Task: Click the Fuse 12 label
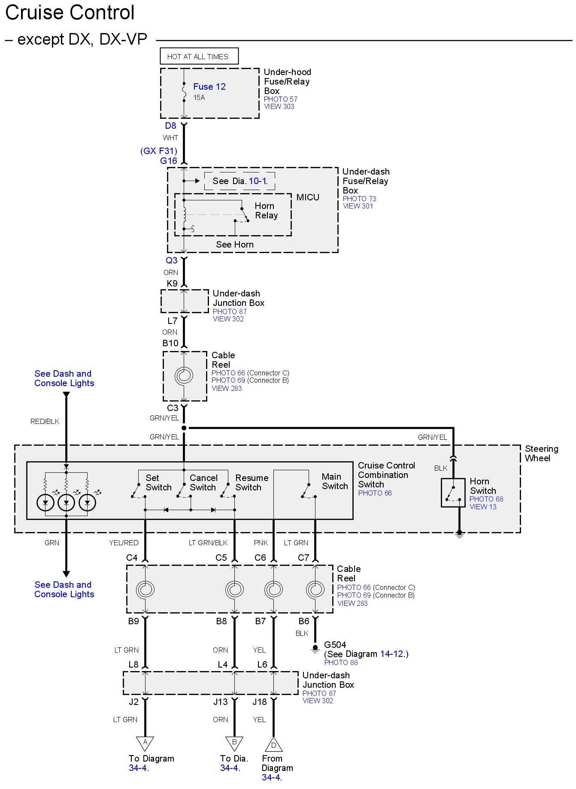tap(209, 87)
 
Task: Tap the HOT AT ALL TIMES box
tap(199, 56)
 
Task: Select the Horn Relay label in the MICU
tap(266, 211)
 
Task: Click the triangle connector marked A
tap(145, 743)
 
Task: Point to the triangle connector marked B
tap(234, 743)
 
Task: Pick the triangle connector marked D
tap(273, 745)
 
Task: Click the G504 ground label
tap(335, 644)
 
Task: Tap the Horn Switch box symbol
tap(453, 493)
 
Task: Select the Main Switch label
tap(335, 481)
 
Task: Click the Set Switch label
tap(158, 483)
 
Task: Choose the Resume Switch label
tap(252, 483)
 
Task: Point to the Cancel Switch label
tap(203, 483)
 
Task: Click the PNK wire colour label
tap(261, 543)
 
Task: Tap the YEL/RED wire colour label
tap(124, 543)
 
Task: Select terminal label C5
tap(221, 558)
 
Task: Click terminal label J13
tap(221, 702)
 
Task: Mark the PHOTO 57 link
tap(280, 99)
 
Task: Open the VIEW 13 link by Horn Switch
tap(483, 507)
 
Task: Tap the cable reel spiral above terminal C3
tap(184, 376)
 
